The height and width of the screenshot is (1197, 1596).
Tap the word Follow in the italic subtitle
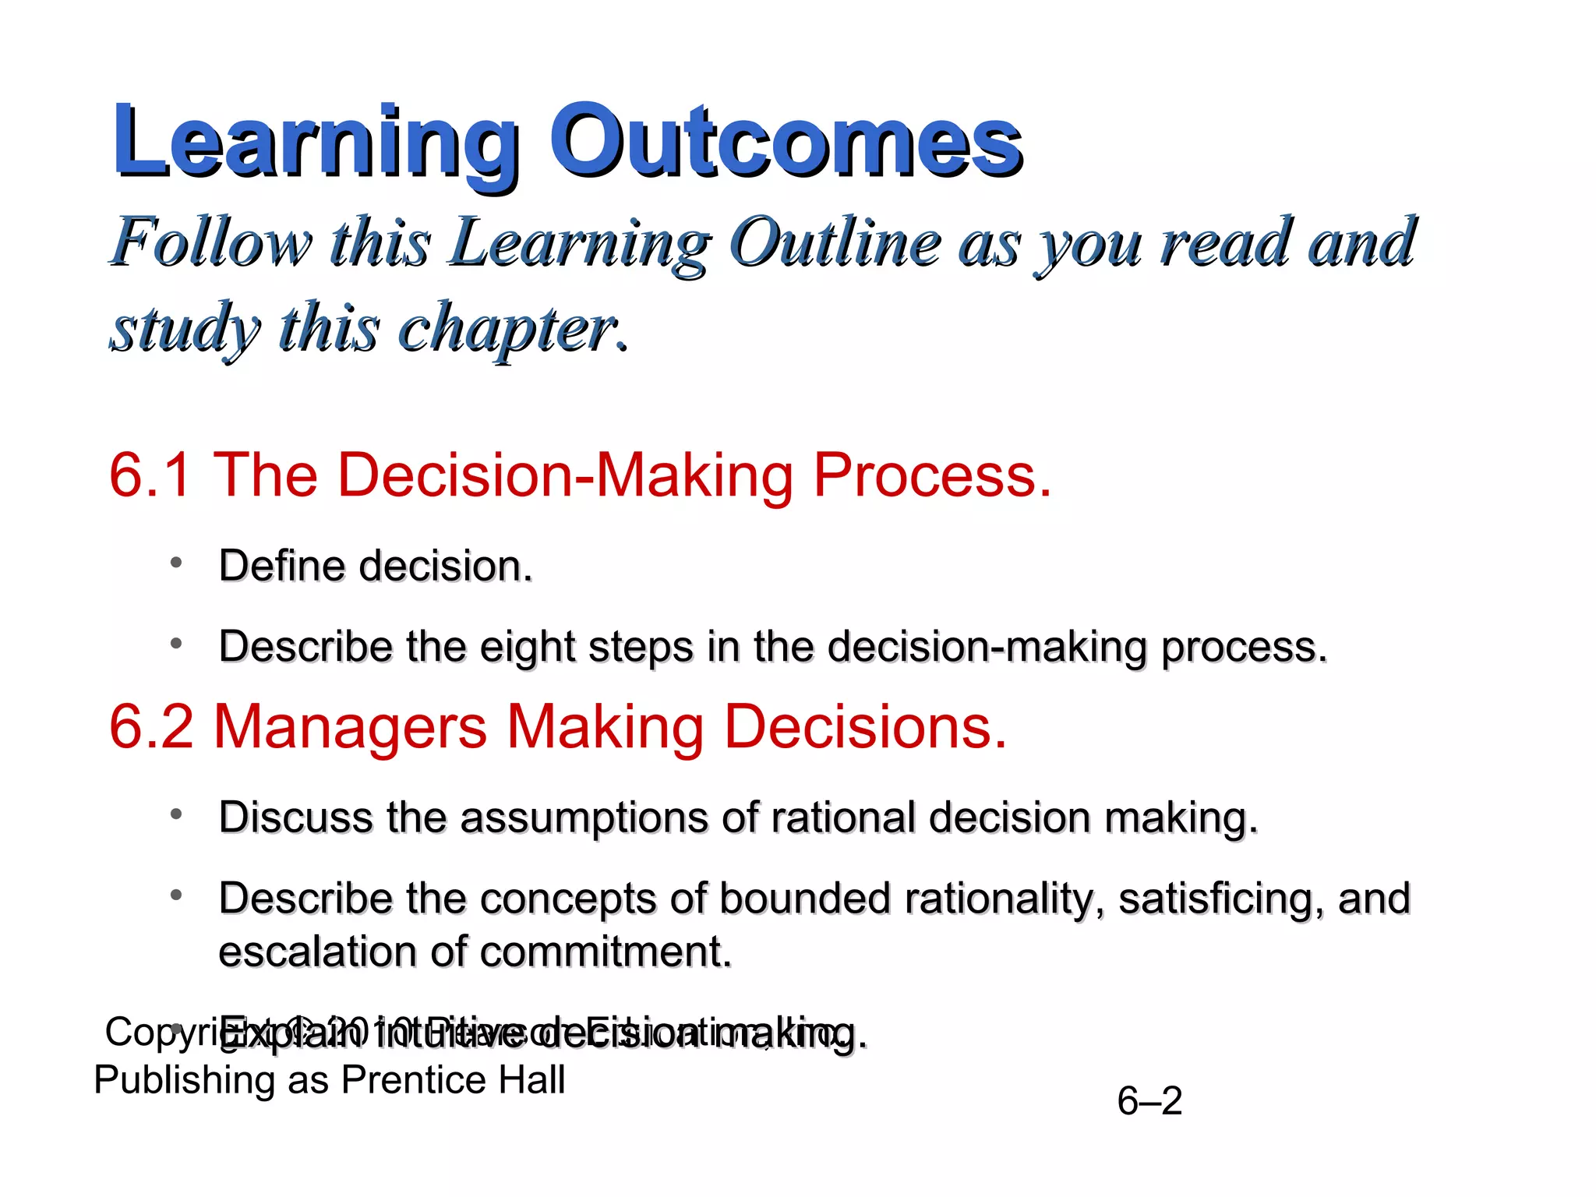[x=212, y=243]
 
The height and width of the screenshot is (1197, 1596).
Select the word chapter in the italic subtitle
[x=508, y=329]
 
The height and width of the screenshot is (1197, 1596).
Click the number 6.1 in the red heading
[x=150, y=475]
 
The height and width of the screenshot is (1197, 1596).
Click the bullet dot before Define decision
[x=177, y=562]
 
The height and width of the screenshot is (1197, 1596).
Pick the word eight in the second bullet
[x=528, y=647]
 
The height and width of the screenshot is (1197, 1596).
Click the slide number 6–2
[x=1149, y=1101]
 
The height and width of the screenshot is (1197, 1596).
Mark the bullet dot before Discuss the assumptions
[x=177, y=814]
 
